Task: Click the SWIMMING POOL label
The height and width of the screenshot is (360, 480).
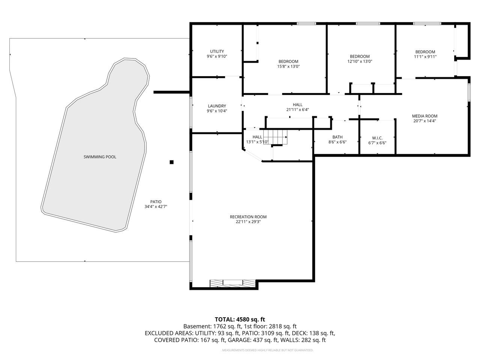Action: [x=100, y=157]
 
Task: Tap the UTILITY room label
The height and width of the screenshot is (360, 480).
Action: [x=217, y=51]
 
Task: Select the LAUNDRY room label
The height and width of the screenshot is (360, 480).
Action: [x=217, y=106]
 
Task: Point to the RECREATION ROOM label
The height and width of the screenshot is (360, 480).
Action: [x=248, y=217]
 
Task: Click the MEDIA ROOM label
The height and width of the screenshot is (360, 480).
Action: [x=424, y=116]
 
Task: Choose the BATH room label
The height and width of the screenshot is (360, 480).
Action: [x=337, y=137]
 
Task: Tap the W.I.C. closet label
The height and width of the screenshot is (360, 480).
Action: [x=377, y=138]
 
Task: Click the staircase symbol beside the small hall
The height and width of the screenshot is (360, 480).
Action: [x=275, y=137]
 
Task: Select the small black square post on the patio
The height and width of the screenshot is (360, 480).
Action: [x=172, y=162]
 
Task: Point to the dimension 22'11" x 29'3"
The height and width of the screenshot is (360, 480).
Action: [x=248, y=222]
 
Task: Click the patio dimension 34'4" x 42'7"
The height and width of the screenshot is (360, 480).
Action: [x=156, y=207]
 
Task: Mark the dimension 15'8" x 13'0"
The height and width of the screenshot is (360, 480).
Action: [x=288, y=66]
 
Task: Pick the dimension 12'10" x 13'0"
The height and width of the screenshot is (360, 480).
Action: [x=360, y=61]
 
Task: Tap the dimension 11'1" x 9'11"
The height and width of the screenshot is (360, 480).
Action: [x=425, y=57]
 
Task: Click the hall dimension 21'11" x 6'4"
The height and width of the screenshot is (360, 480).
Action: [x=298, y=110]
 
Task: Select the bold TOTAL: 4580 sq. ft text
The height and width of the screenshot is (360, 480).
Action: [x=240, y=319]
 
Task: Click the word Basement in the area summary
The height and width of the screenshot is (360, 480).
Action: [x=197, y=326]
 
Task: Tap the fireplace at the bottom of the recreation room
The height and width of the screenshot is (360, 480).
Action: [x=232, y=283]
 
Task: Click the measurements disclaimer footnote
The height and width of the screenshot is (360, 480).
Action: [x=268, y=350]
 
